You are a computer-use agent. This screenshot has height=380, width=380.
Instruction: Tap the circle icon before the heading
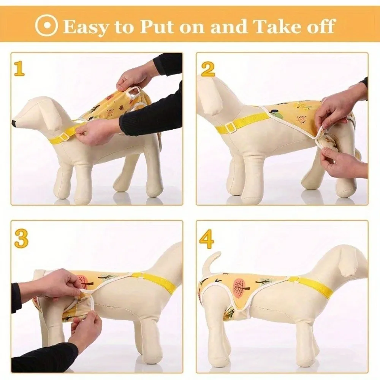(x=46, y=25)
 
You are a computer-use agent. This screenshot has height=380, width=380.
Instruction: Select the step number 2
(x=208, y=69)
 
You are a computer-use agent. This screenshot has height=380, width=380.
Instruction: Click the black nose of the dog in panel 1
(x=14, y=123)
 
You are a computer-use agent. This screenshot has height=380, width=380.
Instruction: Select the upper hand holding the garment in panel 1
(x=135, y=76)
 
